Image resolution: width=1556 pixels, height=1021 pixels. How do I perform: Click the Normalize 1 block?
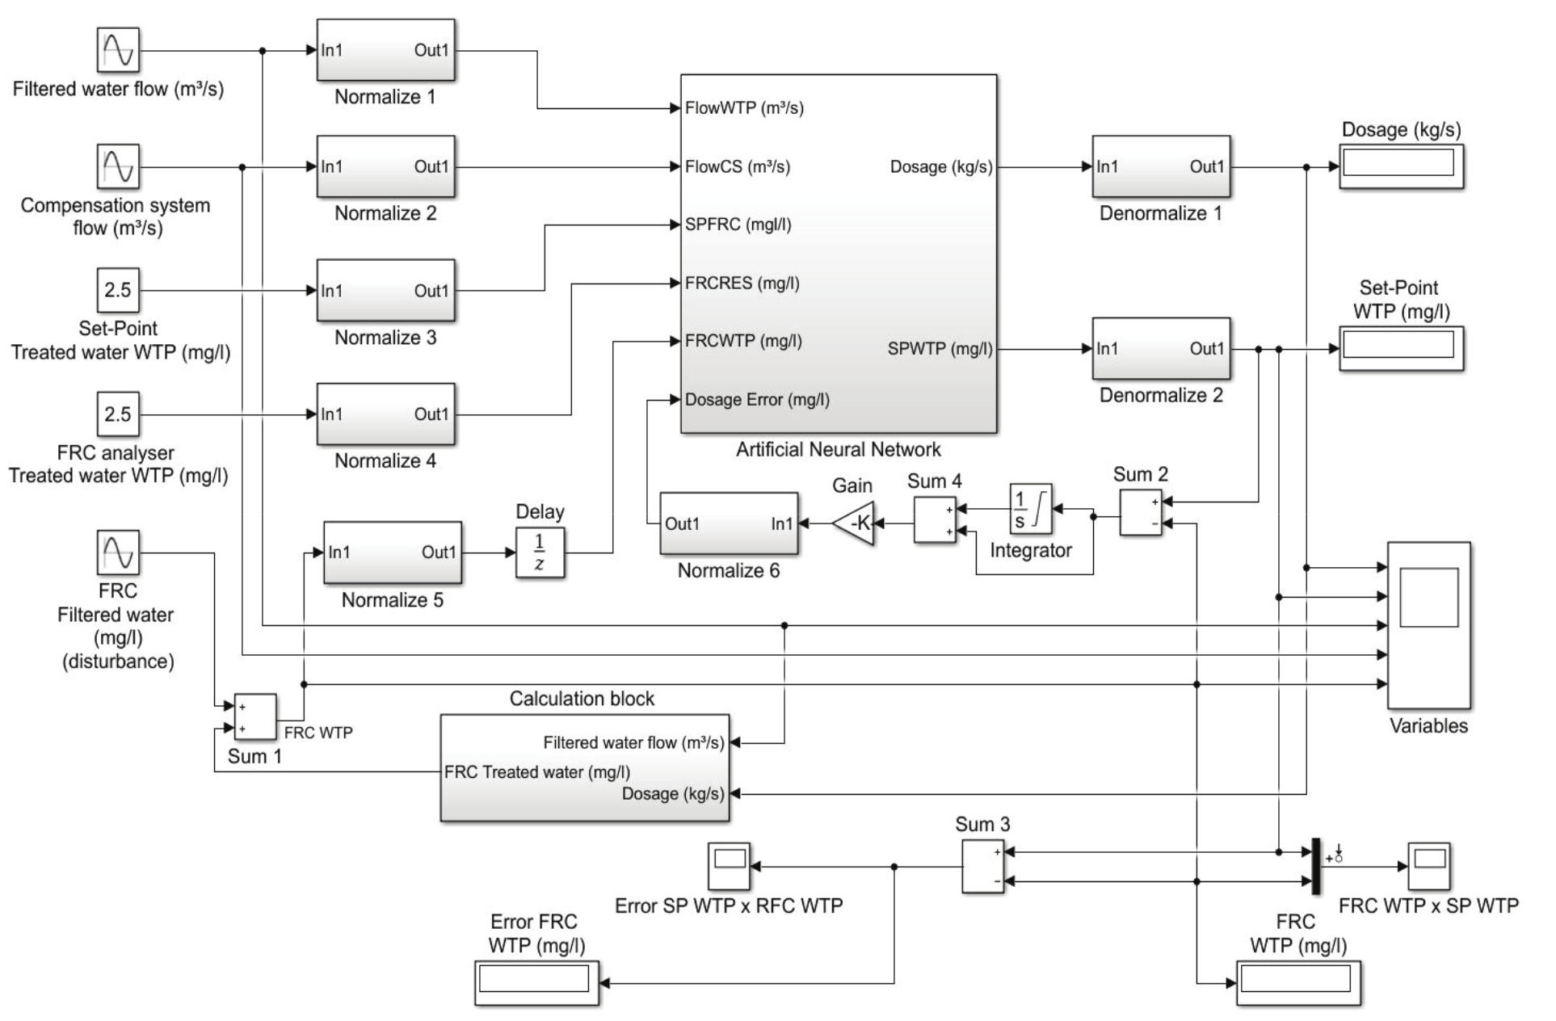pos(385,50)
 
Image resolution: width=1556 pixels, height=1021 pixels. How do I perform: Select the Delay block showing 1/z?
pos(540,553)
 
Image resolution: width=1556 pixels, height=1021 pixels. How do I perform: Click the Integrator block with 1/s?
pos(1030,509)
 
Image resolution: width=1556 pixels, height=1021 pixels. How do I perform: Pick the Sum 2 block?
pos(1140,512)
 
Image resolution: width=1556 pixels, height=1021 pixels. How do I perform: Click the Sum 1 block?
pos(254,717)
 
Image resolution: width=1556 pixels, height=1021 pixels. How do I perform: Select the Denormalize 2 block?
pos(1161,348)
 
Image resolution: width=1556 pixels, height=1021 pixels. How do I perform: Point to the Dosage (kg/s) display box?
pos(1401,166)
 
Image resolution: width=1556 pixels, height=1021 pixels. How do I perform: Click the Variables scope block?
pos(1428,625)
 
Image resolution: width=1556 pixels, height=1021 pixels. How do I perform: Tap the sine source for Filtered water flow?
pos(118,50)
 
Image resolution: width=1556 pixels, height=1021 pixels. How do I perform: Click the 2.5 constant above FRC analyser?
pos(118,414)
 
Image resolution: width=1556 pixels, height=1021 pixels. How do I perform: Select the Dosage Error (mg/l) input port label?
pos(757,400)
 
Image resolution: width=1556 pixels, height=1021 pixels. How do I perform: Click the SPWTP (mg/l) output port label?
pos(940,349)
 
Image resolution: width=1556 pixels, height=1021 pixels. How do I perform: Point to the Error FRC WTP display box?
pos(536,982)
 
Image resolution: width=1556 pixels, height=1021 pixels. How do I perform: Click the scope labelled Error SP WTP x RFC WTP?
pos(729,866)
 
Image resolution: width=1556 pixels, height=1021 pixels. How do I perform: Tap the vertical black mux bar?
pos(1315,866)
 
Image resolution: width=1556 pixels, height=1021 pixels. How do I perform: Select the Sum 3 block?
pos(982,866)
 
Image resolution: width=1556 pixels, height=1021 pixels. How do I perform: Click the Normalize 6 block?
pos(729,523)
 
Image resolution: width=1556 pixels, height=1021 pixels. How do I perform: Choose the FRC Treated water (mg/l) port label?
pos(536,772)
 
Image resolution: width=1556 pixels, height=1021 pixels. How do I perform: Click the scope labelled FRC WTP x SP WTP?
pos(1428,866)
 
